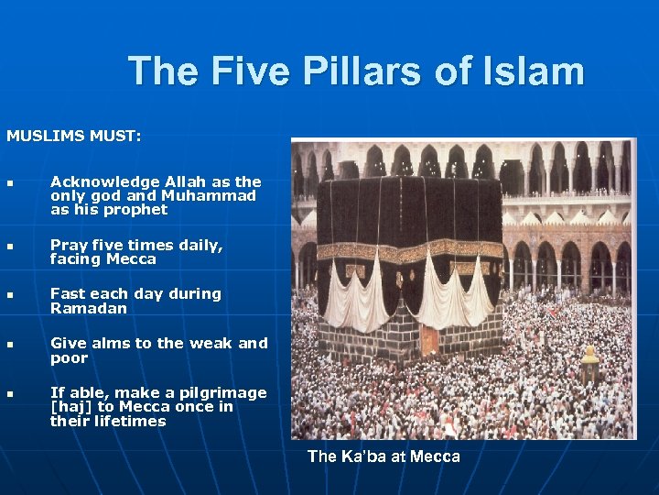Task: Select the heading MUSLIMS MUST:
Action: point(74,136)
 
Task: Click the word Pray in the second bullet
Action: point(66,245)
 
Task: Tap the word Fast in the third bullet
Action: point(65,294)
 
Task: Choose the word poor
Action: point(69,357)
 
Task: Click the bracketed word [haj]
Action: point(69,407)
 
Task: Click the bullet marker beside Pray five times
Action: point(10,247)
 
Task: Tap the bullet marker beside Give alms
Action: point(10,346)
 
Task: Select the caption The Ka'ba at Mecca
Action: point(384,456)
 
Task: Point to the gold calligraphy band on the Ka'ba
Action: point(412,249)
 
